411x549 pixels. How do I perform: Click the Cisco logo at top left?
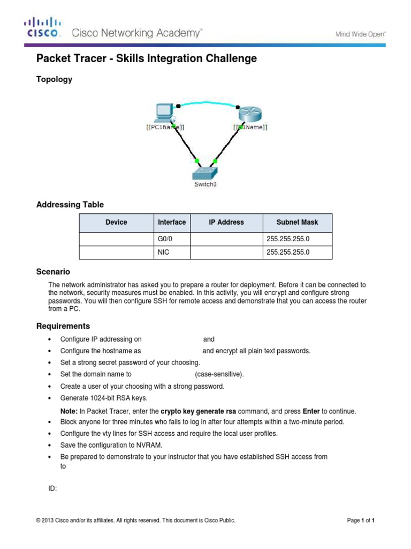[43, 28]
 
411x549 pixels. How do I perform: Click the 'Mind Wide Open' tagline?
[360, 34]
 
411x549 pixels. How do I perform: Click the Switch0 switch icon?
[205, 172]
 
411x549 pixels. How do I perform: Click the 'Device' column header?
[116, 222]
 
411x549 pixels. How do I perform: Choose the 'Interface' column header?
[172, 222]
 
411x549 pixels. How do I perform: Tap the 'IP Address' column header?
[226, 222]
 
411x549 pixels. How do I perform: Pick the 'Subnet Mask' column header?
[297, 222]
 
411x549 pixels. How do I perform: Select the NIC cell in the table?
[164, 252]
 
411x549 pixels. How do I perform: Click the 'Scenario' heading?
[53, 272]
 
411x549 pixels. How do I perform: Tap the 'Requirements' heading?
[63, 326]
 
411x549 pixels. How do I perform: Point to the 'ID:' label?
[53, 488]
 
